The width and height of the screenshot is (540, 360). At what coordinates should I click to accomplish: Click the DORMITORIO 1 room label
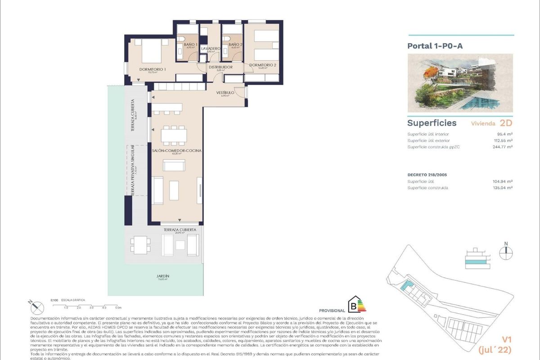click(153, 69)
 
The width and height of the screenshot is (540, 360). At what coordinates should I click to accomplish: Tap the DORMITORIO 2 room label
click(263, 65)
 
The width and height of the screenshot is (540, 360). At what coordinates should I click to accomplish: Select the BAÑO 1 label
click(191, 45)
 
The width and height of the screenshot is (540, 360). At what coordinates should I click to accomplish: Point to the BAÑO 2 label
click(235, 45)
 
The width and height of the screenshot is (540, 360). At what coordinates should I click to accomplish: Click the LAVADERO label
click(211, 48)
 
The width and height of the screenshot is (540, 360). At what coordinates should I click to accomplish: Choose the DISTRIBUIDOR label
click(220, 67)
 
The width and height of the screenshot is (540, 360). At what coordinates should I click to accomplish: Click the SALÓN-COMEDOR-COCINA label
click(176, 150)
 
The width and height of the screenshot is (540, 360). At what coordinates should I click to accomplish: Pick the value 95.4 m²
click(505, 134)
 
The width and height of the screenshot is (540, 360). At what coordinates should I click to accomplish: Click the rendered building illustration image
click(460, 83)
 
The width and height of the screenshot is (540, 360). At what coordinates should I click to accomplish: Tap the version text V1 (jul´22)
click(506, 344)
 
